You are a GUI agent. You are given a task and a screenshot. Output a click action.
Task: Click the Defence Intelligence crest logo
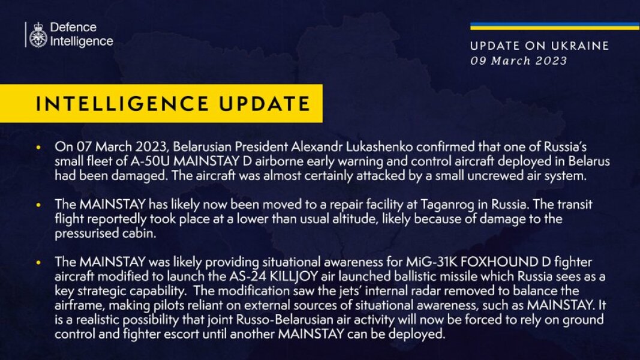click(x=38, y=34)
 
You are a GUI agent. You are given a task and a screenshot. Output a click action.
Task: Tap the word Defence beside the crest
click(x=73, y=28)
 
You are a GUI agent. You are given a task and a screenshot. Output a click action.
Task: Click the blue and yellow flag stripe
click(x=554, y=26)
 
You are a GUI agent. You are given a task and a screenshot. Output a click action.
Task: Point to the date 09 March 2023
click(x=518, y=61)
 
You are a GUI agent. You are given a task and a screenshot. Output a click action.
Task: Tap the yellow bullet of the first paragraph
click(x=40, y=147)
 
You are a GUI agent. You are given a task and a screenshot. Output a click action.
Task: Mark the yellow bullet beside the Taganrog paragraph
click(x=40, y=205)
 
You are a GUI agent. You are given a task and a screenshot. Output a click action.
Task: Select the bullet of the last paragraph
click(x=40, y=262)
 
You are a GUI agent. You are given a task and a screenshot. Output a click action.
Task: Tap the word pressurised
click(x=86, y=235)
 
